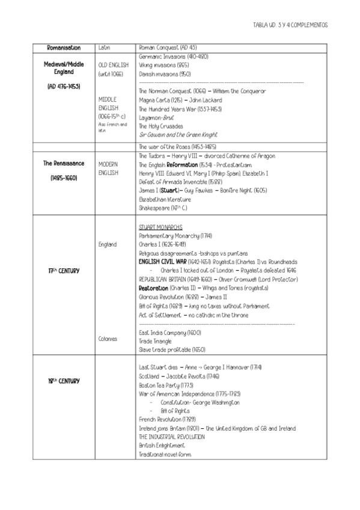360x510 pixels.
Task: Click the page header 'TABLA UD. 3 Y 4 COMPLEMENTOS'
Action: pos(290,26)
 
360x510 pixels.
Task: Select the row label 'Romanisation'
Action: pos(63,47)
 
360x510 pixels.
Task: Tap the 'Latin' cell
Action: pos(103,47)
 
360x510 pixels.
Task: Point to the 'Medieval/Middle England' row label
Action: pos(63,68)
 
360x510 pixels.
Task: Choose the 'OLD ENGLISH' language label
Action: pos(113,65)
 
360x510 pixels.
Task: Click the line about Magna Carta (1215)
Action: pos(180,100)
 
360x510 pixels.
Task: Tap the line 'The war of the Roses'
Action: pos(177,147)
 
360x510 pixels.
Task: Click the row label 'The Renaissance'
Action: pos(63,164)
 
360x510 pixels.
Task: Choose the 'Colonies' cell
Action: pos(108,339)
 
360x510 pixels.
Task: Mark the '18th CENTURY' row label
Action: pos(63,381)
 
